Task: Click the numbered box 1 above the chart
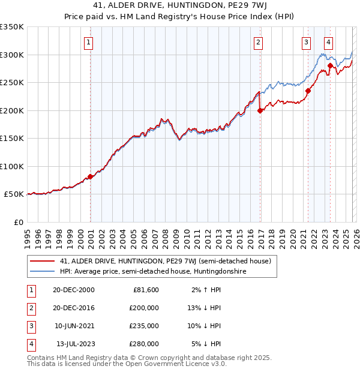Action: tap(88, 42)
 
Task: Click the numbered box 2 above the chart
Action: tap(258, 42)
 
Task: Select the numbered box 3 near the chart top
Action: tap(306, 42)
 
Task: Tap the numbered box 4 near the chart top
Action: tap(329, 42)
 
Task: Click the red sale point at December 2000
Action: tap(91, 176)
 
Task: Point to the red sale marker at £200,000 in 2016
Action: tap(260, 110)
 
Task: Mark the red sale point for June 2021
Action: tap(308, 91)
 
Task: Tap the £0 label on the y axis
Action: tap(18, 222)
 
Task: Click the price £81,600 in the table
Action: tap(145, 290)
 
